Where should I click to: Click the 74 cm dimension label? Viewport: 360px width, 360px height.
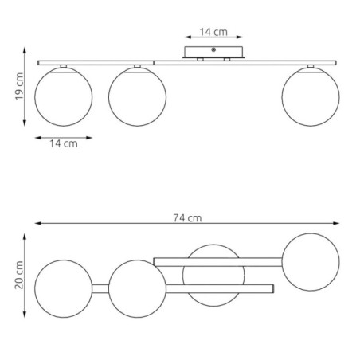click(x=188, y=217)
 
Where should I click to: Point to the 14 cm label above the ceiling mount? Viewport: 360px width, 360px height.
click(x=212, y=33)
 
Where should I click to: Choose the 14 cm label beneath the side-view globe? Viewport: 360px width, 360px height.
click(x=64, y=144)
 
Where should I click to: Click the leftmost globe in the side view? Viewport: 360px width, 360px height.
click(x=64, y=96)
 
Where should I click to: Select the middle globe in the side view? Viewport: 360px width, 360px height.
click(x=137, y=96)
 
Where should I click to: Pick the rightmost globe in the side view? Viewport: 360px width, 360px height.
click(x=311, y=96)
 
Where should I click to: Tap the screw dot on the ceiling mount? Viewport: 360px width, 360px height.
click(x=213, y=51)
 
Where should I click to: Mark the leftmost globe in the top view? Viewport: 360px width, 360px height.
click(x=64, y=288)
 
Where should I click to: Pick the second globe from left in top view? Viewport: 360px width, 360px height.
click(x=137, y=288)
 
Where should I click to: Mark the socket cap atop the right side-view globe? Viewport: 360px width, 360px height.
click(x=311, y=66)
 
